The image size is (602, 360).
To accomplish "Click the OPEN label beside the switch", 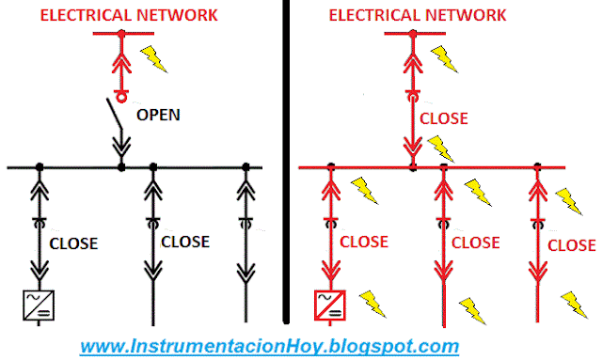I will click(158, 115).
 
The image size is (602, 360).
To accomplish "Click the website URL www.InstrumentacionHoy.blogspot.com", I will click(269, 345).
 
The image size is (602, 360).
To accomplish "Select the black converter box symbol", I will click(39, 305).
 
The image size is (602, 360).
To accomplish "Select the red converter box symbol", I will click(330, 305).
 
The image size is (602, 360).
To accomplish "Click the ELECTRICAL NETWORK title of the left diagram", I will click(121, 14).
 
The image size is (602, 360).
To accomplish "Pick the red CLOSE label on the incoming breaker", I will click(443, 119).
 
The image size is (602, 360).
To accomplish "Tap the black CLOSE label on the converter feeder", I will click(73, 243).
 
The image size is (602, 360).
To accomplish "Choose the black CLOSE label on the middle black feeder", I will click(185, 241).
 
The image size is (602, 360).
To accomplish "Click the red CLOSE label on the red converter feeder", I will click(363, 241).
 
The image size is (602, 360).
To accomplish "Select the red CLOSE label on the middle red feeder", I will click(475, 242).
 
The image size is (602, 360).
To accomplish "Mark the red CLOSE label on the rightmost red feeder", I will click(571, 245).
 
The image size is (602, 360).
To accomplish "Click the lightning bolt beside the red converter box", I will click(372, 303).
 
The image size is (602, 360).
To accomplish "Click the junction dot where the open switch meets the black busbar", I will click(121, 167).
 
